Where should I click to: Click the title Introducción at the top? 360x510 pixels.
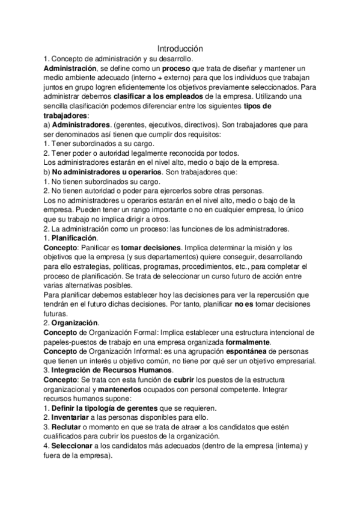click(x=180, y=48)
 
